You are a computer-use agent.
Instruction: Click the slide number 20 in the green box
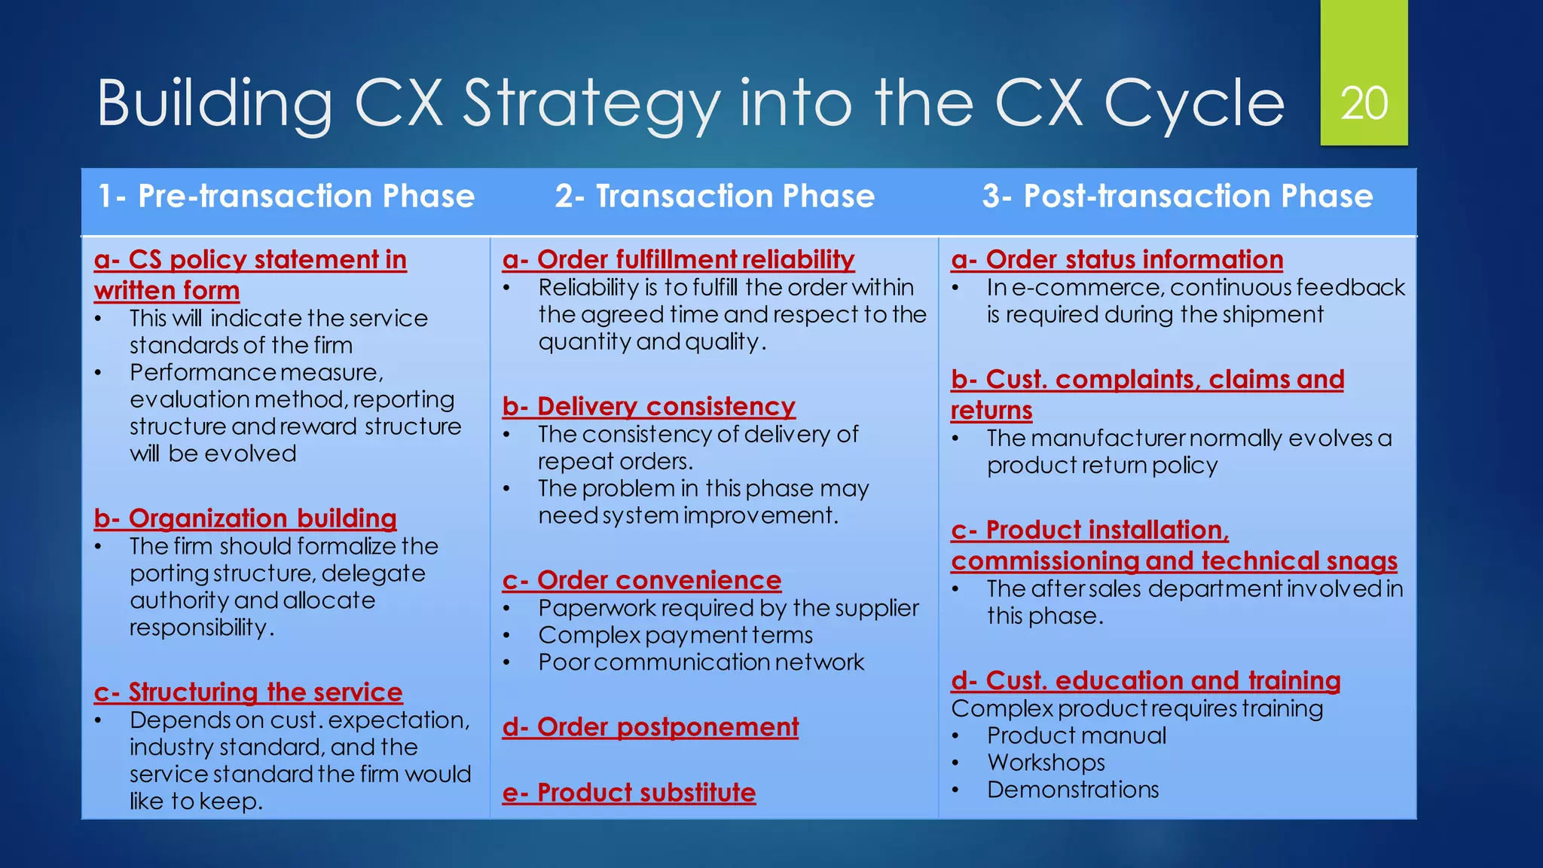(1364, 103)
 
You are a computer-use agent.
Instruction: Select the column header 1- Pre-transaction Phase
(286, 196)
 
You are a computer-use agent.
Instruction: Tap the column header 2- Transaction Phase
(714, 196)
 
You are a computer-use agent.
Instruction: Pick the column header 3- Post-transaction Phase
(1177, 196)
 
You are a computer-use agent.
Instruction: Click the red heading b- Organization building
(245, 518)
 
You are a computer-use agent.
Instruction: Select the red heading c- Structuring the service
(248, 692)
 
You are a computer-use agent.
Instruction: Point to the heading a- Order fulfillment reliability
(678, 259)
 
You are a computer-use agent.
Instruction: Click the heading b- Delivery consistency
(649, 406)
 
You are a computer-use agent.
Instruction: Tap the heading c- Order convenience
(642, 580)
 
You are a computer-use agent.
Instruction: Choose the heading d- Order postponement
(650, 727)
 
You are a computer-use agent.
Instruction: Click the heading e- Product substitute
(629, 793)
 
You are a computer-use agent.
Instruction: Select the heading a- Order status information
(1117, 259)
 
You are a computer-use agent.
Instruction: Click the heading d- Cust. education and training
(1145, 680)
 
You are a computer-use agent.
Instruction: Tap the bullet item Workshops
(1046, 763)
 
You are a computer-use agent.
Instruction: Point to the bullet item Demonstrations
(1073, 790)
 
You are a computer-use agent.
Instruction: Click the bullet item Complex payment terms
(675, 635)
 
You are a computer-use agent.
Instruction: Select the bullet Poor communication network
(701, 662)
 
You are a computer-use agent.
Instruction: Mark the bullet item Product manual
(1076, 735)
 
